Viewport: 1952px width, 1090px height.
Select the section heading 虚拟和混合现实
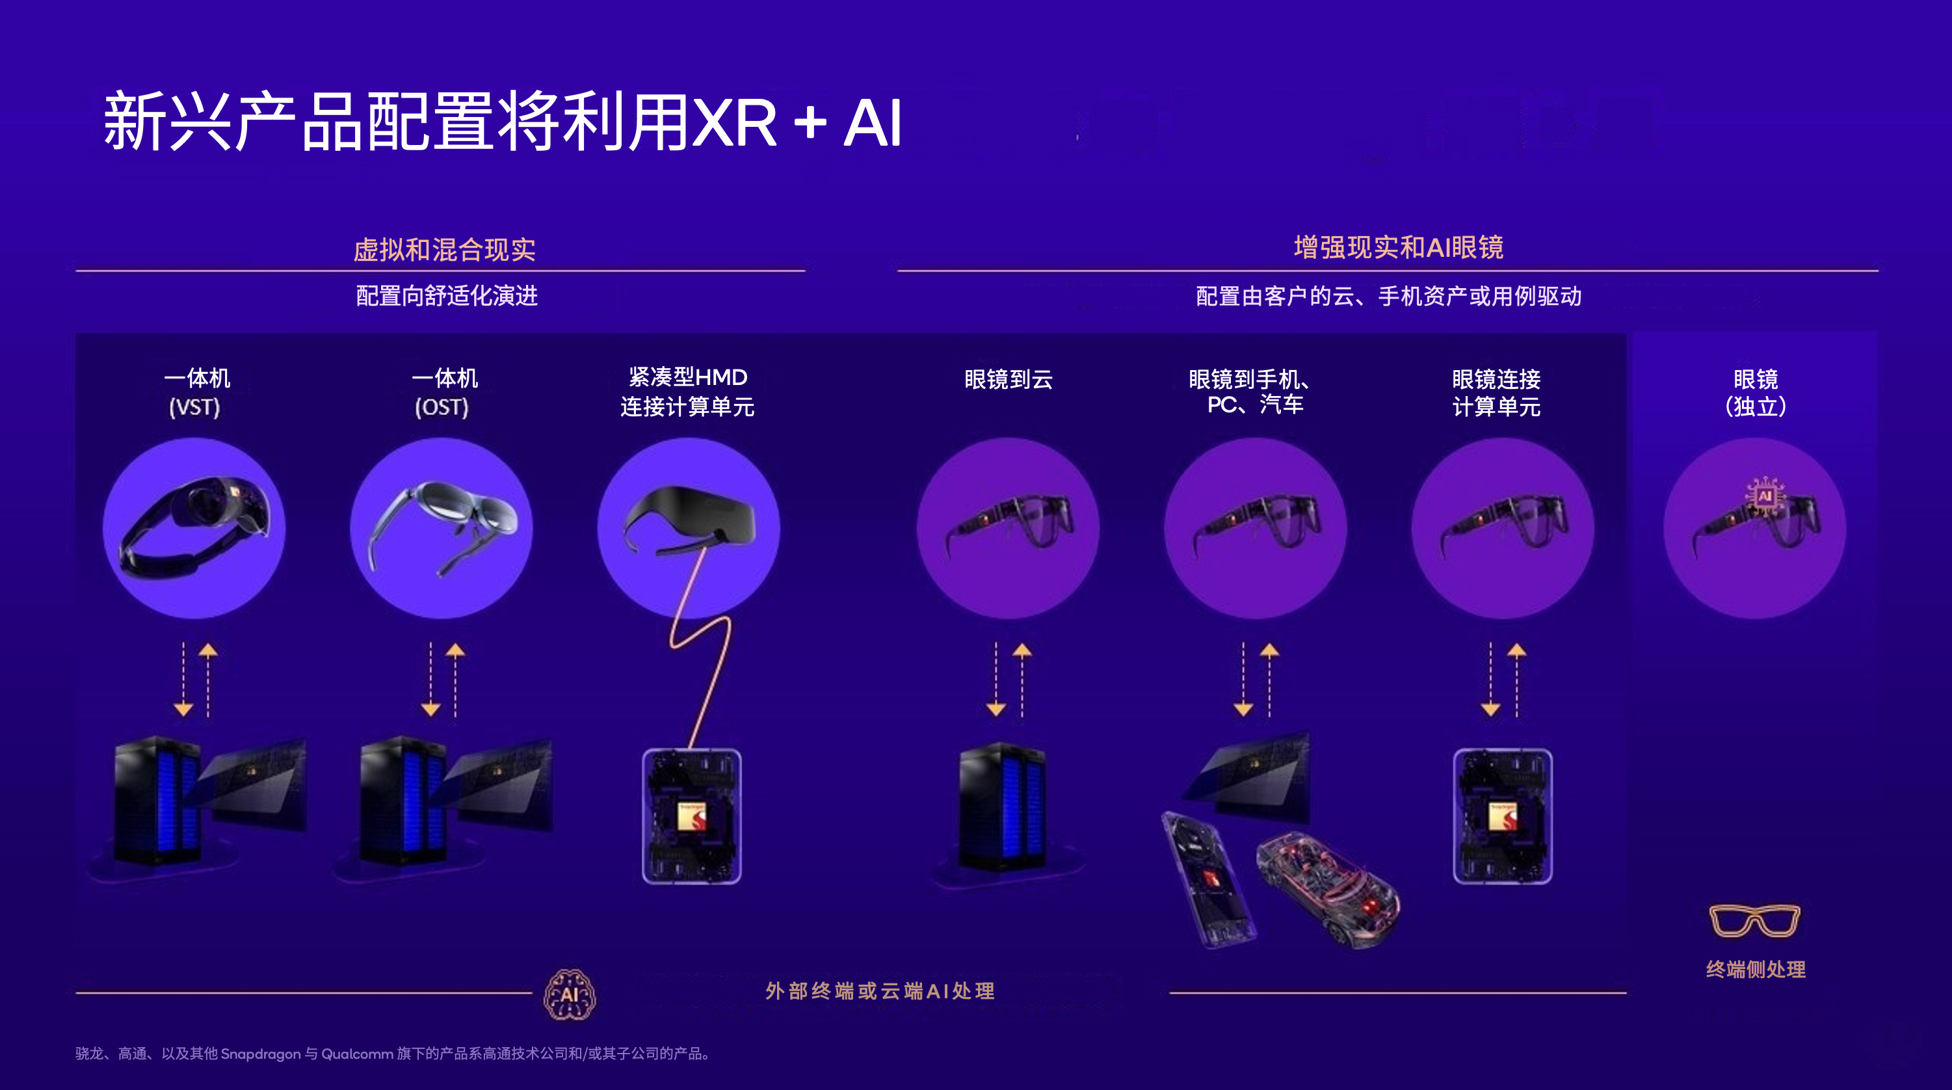(444, 249)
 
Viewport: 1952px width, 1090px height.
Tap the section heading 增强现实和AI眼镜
(1398, 247)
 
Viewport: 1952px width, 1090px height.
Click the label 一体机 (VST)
(196, 392)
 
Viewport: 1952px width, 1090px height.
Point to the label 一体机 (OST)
(443, 392)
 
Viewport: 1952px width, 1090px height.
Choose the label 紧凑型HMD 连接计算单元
(687, 392)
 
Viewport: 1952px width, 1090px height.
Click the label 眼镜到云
(1008, 379)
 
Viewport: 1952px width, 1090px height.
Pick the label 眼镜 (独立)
(1755, 393)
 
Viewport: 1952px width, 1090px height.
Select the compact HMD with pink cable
(689, 516)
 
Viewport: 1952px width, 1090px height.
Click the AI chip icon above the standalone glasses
(1765, 496)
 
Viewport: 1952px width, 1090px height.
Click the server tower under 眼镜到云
(1002, 807)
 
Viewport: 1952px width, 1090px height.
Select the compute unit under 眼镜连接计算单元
(1502, 816)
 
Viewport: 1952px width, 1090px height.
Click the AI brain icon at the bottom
(570, 994)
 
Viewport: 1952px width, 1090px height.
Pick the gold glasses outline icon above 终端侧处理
(1754, 920)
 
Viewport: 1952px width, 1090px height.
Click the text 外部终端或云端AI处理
(879, 990)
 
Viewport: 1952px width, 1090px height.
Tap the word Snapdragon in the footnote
(260, 1054)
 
